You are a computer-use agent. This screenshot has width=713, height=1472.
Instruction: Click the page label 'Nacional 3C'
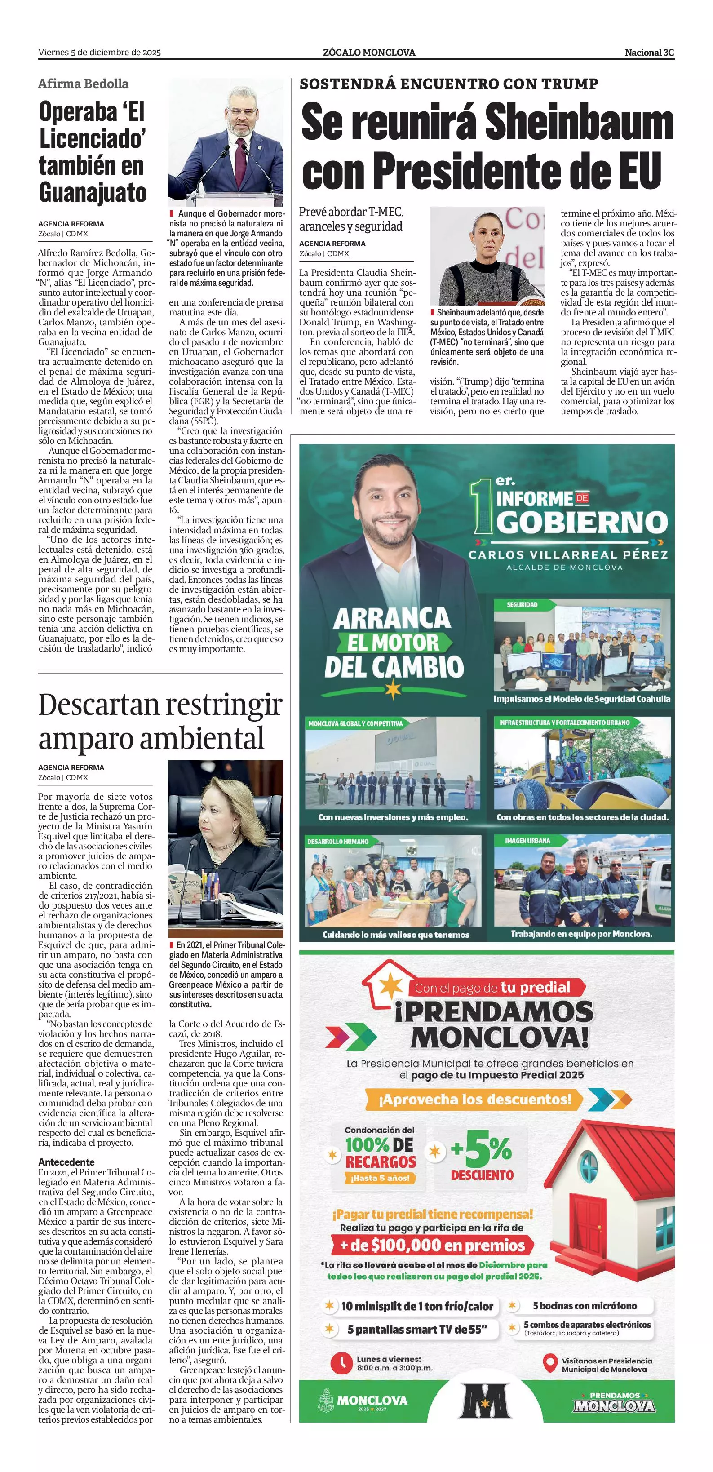point(649,53)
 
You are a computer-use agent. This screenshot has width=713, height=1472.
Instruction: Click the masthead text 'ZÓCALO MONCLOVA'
point(368,53)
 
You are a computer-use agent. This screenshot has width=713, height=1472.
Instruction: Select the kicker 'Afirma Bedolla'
point(84,84)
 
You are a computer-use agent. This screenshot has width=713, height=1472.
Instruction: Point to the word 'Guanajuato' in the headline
point(93,194)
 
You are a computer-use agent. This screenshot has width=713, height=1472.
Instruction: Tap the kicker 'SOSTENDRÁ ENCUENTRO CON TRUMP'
point(448,84)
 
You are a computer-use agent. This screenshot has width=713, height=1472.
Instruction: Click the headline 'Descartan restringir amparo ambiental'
point(160,721)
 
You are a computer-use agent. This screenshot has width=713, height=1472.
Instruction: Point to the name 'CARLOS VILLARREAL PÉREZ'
point(568,554)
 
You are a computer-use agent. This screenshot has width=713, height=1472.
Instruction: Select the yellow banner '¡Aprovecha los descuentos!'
point(475,1099)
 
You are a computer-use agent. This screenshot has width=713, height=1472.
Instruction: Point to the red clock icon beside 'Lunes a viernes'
point(341,1363)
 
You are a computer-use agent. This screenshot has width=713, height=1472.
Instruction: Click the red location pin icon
point(550,1363)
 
